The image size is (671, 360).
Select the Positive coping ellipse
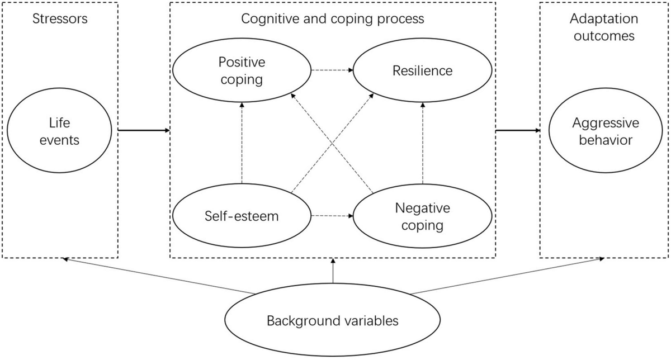coord(242,70)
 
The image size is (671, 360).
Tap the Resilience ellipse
coord(422,71)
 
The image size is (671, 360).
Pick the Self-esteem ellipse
coord(242,216)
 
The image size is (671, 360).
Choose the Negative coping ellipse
coord(422,216)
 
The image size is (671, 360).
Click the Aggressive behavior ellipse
coord(607,131)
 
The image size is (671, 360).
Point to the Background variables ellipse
coord(332,321)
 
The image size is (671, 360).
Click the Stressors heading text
coord(60,18)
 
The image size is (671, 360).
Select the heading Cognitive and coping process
coord(333,18)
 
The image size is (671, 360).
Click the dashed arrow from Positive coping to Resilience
coord(332,71)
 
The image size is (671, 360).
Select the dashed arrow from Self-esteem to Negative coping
coord(332,216)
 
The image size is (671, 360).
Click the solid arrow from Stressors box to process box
coord(144,131)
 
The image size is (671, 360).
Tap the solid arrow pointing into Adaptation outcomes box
coord(518,131)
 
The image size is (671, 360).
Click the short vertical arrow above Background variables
coord(333,271)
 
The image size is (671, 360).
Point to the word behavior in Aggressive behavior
coord(607,140)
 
